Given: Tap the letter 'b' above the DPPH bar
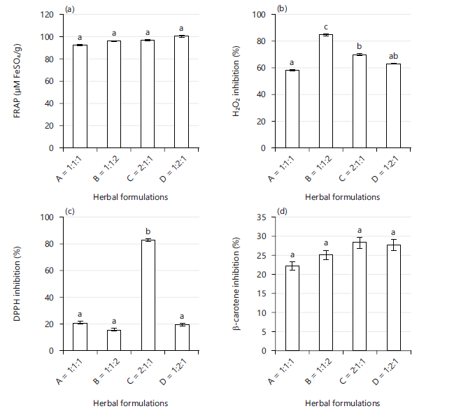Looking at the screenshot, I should click(x=148, y=231).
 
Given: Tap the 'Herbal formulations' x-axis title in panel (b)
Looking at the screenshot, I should click(x=343, y=197).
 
